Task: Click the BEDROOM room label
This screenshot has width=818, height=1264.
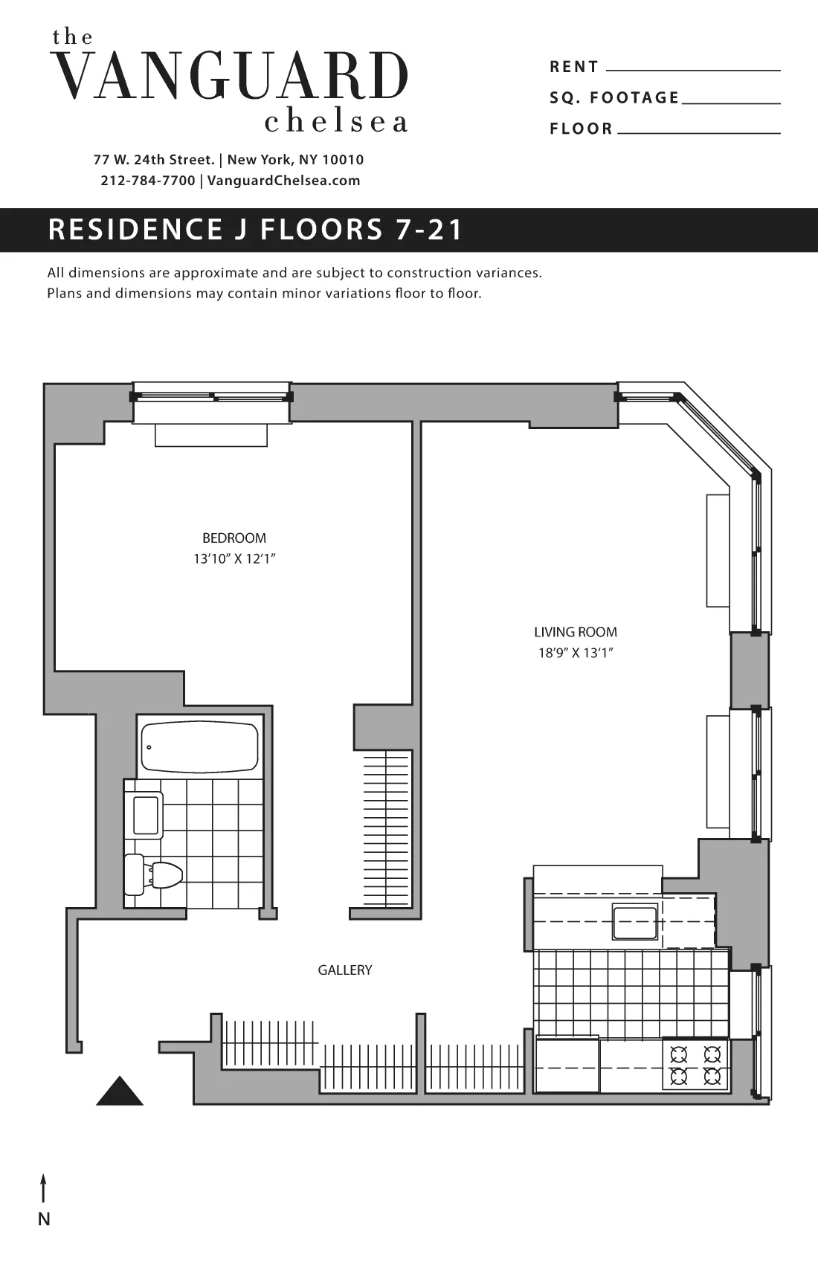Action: pyautogui.click(x=234, y=538)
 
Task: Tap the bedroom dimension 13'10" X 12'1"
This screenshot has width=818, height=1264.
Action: pyautogui.click(x=234, y=559)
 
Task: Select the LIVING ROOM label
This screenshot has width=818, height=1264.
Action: pyautogui.click(x=575, y=632)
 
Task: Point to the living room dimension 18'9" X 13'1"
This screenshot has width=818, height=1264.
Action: pyautogui.click(x=575, y=654)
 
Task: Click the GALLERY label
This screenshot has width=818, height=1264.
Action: pyautogui.click(x=344, y=970)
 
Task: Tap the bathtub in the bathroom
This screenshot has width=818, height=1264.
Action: pyautogui.click(x=199, y=747)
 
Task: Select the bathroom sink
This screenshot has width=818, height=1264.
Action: pyautogui.click(x=146, y=815)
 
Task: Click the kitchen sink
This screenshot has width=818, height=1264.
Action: pyautogui.click(x=634, y=923)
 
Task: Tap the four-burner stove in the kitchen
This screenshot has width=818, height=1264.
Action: pyautogui.click(x=696, y=1065)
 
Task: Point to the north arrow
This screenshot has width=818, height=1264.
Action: pyautogui.click(x=44, y=1187)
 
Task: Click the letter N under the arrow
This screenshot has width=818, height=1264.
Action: pyautogui.click(x=44, y=1219)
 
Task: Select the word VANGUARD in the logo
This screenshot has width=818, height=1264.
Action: pyautogui.click(x=231, y=77)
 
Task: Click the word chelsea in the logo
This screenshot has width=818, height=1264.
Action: pyautogui.click(x=335, y=122)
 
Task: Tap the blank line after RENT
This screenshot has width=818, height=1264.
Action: pyautogui.click(x=693, y=68)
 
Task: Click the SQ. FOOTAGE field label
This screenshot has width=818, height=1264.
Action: pyautogui.click(x=614, y=97)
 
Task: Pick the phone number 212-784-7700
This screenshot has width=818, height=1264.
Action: pyautogui.click(x=147, y=181)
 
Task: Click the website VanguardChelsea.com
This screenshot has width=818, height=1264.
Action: pyautogui.click(x=283, y=181)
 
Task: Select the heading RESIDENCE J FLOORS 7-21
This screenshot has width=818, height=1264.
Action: pyautogui.click(x=255, y=230)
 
